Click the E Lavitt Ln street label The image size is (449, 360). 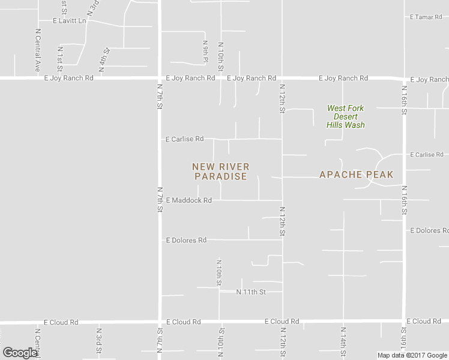(x=70, y=20)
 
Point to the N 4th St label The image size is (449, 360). (x=103, y=60)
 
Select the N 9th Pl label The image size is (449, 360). (x=205, y=52)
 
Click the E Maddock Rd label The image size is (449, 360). (x=189, y=200)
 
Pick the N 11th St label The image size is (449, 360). (x=251, y=292)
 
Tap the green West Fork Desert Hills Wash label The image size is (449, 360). (x=346, y=116)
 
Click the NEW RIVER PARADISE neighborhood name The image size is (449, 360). (x=221, y=172)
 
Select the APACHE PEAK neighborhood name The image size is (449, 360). (x=357, y=175)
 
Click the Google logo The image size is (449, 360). (x=20, y=353)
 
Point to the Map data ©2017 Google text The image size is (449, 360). (x=413, y=355)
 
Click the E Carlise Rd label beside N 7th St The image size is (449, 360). (x=185, y=139)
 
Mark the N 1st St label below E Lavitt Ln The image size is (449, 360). (x=60, y=56)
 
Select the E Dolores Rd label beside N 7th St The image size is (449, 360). (x=186, y=240)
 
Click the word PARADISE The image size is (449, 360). (x=221, y=177)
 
